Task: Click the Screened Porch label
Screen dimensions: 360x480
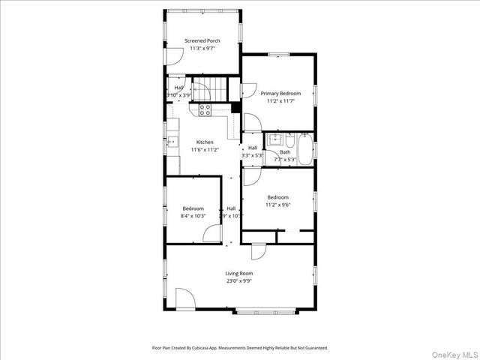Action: pyautogui.click(x=202, y=40)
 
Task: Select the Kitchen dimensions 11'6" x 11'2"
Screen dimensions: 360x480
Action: pyautogui.click(x=205, y=150)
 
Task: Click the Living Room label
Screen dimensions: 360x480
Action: pyautogui.click(x=239, y=274)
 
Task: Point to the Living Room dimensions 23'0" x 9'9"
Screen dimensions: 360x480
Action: pyautogui.click(x=239, y=282)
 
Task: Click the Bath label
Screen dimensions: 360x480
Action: pyautogui.click(x=285, y=152)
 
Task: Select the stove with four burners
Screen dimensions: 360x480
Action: pyautogui.click(x=205, y=109)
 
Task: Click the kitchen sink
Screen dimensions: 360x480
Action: pyautogui.click(x=173, y=140)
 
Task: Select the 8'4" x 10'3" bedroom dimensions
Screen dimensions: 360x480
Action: pyautogui.click(x=193, y=216)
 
